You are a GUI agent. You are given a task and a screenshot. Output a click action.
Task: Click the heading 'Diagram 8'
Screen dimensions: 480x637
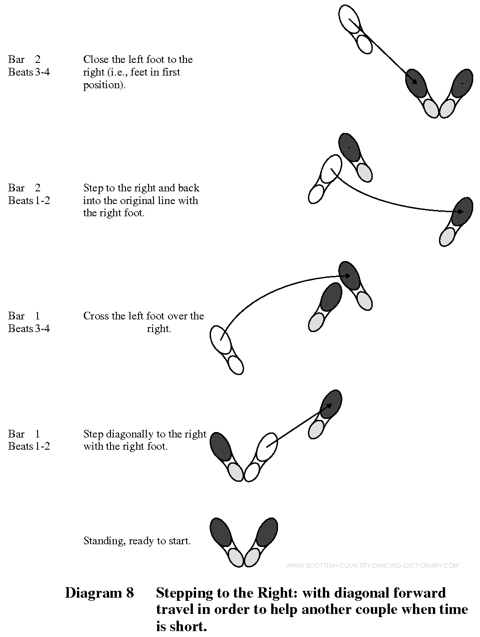(x=99, y=593)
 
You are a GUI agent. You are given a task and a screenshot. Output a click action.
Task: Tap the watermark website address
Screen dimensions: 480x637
(x=372, y=566)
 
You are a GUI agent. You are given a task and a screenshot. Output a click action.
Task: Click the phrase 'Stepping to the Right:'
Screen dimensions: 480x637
(x=227, y=593)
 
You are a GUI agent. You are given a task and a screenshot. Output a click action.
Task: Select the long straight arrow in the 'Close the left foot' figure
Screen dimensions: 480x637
(x=383, y=52)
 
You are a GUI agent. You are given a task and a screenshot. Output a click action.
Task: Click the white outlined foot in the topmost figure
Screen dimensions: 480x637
(x=355, y=29)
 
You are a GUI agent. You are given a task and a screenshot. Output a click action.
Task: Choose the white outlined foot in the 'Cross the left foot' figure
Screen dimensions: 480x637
(x=226, y=350)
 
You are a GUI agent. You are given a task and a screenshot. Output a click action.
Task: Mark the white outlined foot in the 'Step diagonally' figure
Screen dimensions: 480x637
(x=261, y=457)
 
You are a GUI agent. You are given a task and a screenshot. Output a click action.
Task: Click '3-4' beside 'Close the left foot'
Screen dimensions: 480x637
(x=43, y=72)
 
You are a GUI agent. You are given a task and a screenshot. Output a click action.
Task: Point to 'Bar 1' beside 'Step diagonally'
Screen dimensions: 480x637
(x=24, y=434)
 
